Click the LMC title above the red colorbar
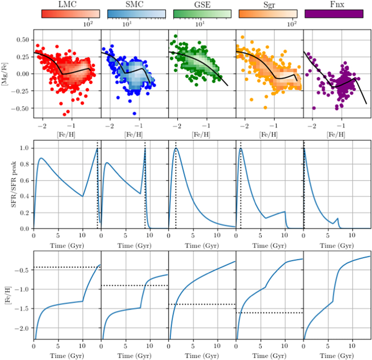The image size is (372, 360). (x=68, y=4)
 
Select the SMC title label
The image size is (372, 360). (x=135, y=4)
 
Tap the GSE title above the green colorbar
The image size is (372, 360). (x=202, y=4)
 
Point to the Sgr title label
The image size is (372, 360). (x=269, y=5)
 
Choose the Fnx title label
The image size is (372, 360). (x=337, y=4)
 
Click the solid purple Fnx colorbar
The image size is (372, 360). (x=334, y=14)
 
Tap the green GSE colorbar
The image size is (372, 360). (x=202, y=14)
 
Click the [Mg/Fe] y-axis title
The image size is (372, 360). (x=5, y=74)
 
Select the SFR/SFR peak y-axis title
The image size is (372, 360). (x=14, y=184)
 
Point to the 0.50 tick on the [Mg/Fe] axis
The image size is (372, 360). (x=23, y=40)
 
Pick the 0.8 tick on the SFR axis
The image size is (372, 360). (x=25, y=164)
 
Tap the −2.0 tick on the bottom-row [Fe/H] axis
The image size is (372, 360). (x=22, y=328)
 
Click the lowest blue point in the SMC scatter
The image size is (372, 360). (x=134, y=113)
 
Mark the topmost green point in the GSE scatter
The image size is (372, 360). (x=176, y=36)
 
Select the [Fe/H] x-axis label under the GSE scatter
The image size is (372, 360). (x=201, y=135)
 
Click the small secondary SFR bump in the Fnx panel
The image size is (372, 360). (x=337, y=218)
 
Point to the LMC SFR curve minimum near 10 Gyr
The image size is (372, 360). (x=83, y=196)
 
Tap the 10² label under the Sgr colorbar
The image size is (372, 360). (x=292, y=23)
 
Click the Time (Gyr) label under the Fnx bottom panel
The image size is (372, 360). (x=337, y=356)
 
